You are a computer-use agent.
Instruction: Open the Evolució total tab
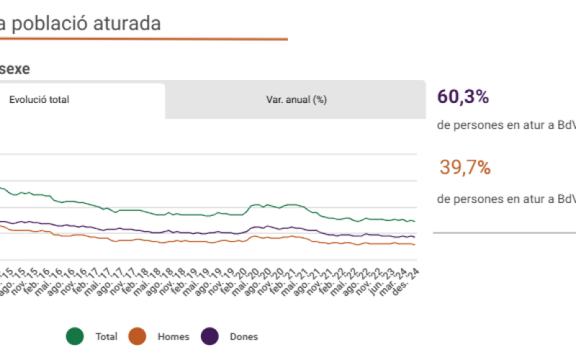point(39,100)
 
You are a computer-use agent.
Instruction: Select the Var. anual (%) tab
point(297,100)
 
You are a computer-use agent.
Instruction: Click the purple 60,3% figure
point(463,96)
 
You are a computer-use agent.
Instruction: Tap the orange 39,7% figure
point(465,168)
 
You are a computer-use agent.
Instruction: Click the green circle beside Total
point(75,336)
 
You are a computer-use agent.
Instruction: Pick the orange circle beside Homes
point(137,336)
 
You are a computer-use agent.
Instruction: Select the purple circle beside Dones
point(209,336)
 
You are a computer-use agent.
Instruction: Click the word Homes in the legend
point(173,336)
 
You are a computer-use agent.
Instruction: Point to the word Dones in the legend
point(243,336)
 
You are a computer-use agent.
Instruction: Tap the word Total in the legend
point(107,336)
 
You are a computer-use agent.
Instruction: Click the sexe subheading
point(14,69)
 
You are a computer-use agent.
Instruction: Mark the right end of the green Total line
point(415,221)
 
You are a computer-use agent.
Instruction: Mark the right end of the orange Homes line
point(415,245)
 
